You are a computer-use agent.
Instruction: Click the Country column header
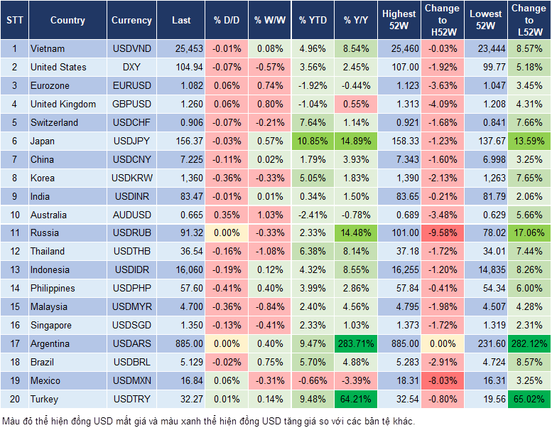click(x=67, y=21)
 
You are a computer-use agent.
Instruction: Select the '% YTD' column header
click(x=313, y=21)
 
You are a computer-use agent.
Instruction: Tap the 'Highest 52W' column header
click(x=399, y=20)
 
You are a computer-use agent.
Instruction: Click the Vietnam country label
click(x=48, y=49)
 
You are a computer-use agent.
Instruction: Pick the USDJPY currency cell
click(x=131, y=141)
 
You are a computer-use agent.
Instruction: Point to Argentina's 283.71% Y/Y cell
click(x=357, y=344)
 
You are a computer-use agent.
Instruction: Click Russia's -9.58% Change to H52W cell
click(x=442, y=233)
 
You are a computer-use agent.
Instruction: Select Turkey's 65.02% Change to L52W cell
click(x=529, y=400)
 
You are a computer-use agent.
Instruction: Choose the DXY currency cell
click(x=131, y=68)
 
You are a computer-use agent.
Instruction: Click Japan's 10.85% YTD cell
click(x=313, y=141)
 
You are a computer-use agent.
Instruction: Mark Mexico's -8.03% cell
click(x=442, y=381)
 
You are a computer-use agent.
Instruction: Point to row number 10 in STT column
click(x=13, y=215)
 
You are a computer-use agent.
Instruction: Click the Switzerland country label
click(x=55, y=123)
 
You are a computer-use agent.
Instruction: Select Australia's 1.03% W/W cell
click(x=269, y=215)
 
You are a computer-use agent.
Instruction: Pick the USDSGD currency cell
click(x=131, y=326)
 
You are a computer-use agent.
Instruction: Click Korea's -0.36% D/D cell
click(x=227, y=178)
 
